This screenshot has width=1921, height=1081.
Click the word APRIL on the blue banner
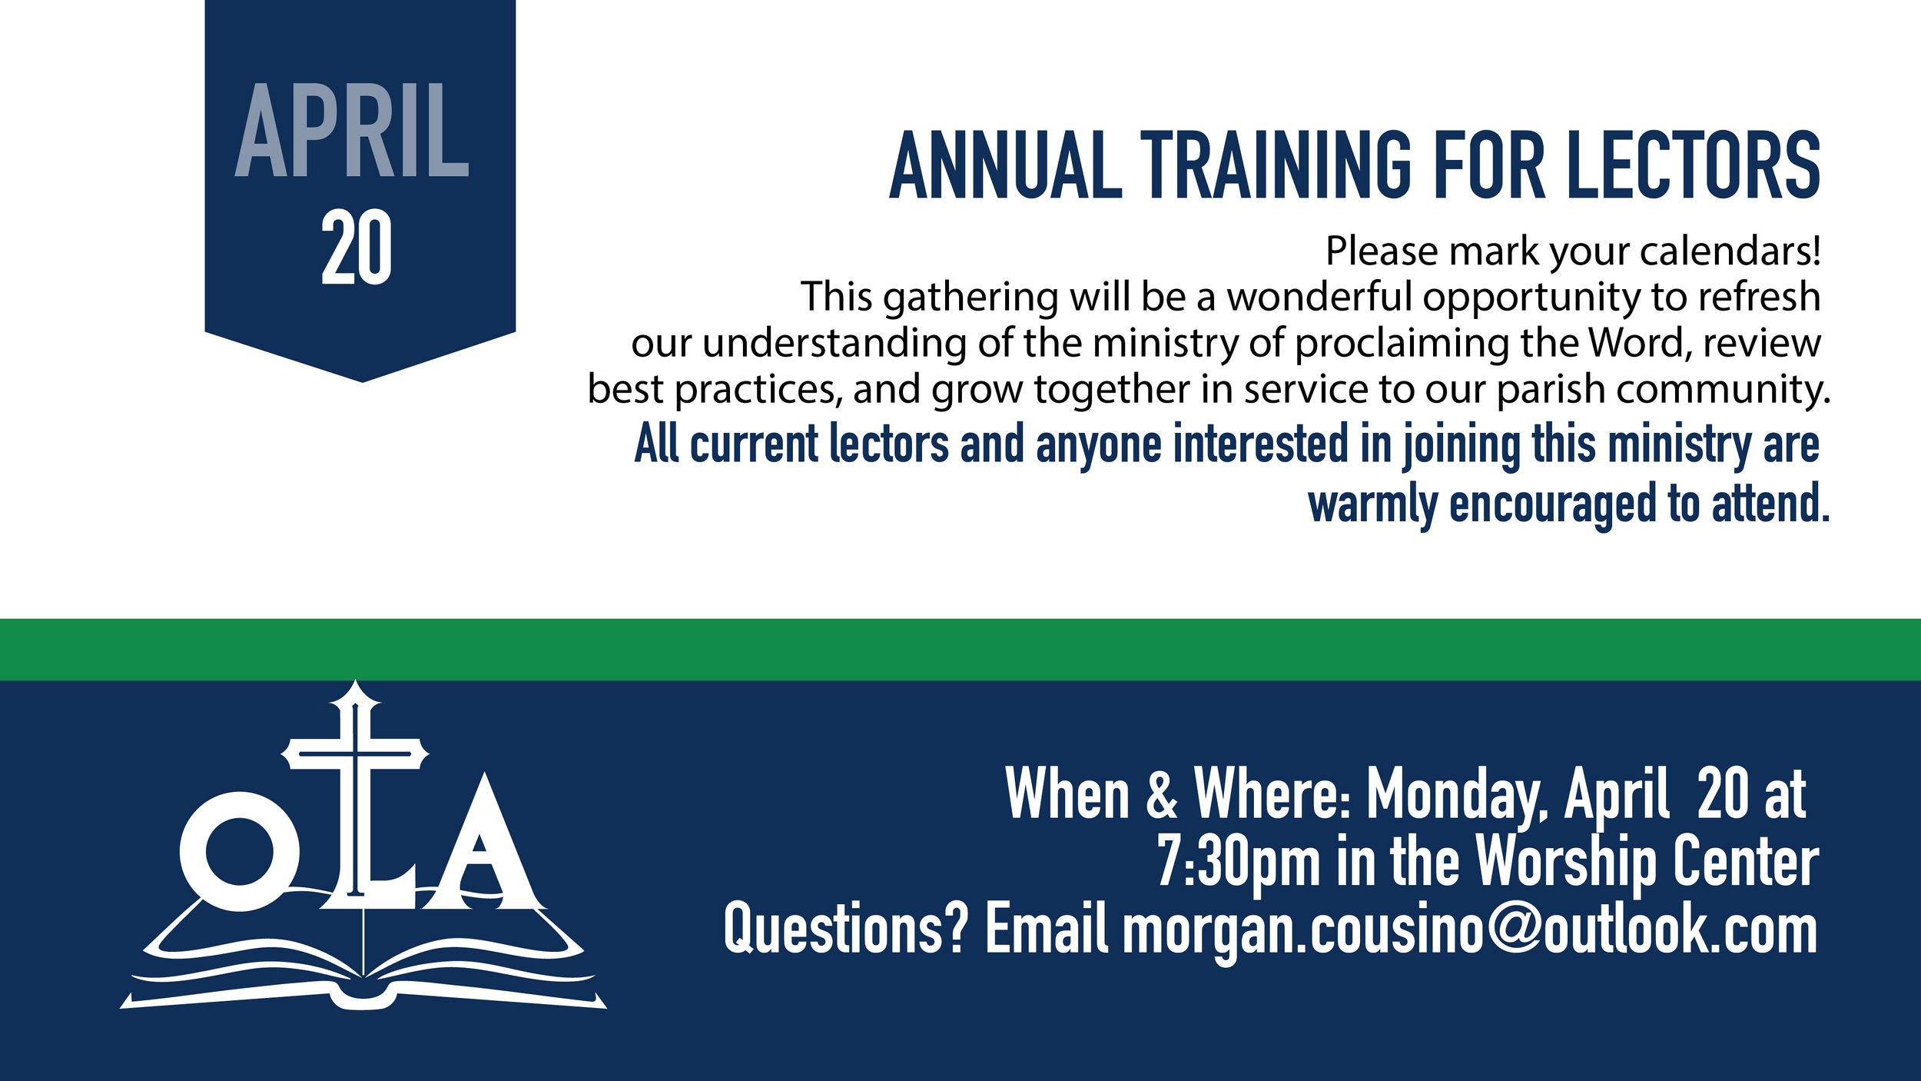click(352, 131)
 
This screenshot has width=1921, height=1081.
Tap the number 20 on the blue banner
click(357, 248)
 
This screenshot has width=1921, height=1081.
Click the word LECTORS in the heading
click(1693, 165)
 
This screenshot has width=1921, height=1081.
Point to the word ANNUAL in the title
click(1005, 165)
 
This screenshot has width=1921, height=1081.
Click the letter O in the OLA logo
click(239, 851)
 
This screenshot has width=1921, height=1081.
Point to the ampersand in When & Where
click(1162, 794)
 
